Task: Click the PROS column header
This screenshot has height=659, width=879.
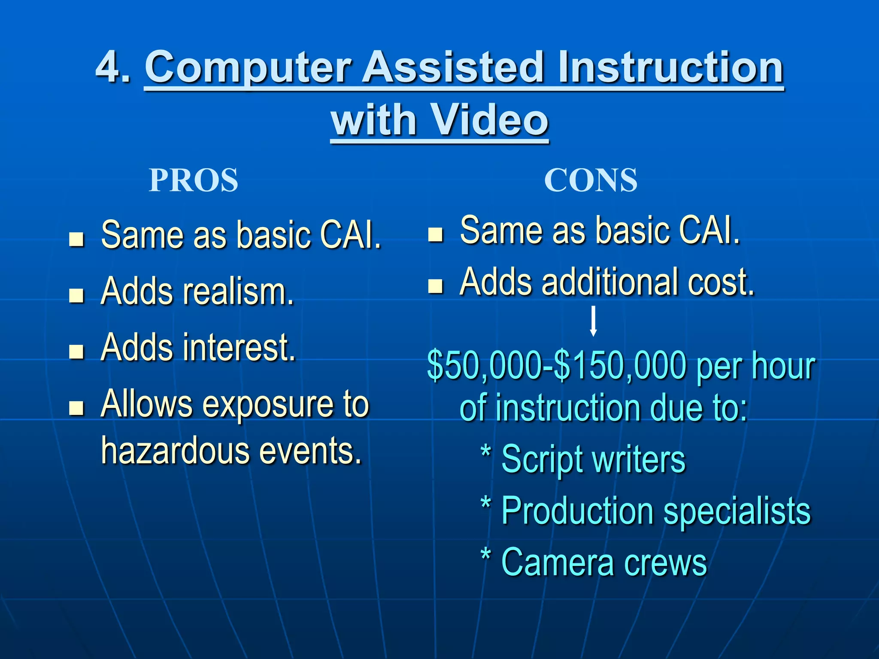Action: click(x=193, y=180)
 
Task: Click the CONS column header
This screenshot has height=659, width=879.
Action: click(x=591, y=180)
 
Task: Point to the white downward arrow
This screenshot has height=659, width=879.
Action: click(x=593, y=321)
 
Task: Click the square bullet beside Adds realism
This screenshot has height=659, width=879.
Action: click(x=76, y=296)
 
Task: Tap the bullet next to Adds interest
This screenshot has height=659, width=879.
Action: click(x=76, y=351)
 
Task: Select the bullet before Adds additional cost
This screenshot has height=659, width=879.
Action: click(x=435, y=286)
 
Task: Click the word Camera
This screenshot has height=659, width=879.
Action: click(x=558, y=562)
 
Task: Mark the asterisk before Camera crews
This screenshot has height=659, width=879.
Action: click(x=485, y=556)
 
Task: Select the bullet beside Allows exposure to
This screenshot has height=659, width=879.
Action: click(x=76, y=408)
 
